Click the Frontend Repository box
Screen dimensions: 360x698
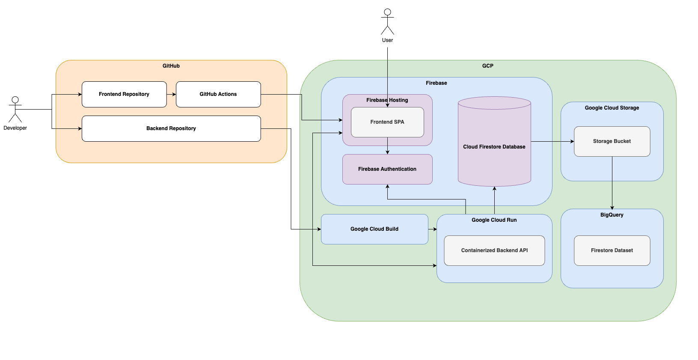point(124,94)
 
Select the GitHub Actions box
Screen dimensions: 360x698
point(218,94)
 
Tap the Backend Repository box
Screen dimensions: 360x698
point(171,128)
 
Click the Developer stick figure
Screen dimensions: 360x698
point(15,110)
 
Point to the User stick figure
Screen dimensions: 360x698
point(387,21)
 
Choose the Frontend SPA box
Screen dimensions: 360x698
point(387,122)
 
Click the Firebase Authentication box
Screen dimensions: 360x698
point(387,169)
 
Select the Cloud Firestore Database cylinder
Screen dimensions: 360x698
point(494,147)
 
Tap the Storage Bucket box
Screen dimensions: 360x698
point(612,141)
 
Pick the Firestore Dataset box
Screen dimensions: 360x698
point(612,250)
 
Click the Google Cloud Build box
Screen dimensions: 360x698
point(374,229)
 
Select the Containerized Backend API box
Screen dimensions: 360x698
point(494,250)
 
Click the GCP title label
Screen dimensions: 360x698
point(488,66)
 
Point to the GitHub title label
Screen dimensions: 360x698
point(171,66)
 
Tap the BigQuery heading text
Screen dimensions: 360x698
point(612,215)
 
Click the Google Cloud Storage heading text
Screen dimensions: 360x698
point(612,108)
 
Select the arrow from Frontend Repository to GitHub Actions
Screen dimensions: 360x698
point(171,94)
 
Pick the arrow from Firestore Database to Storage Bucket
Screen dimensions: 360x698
point(552,141)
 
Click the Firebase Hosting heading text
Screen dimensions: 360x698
point(387,100)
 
